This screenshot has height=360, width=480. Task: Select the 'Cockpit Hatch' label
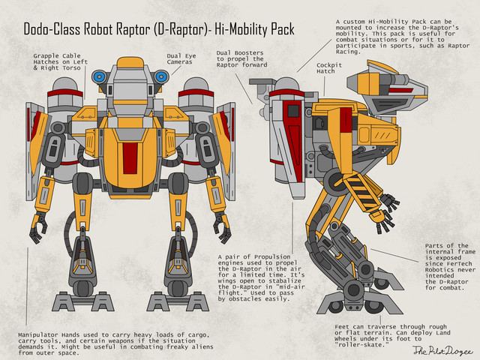(329, 69)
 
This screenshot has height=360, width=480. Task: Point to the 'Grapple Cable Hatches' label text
(57, 62)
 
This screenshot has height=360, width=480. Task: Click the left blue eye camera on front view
(99, 76)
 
